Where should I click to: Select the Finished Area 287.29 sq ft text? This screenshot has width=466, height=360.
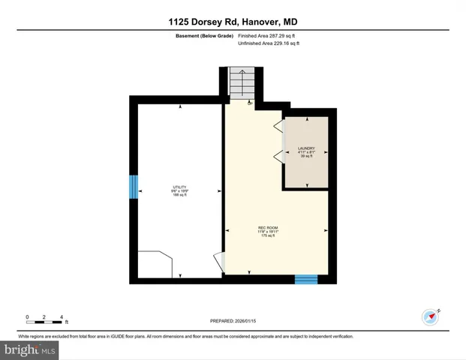pos(268,36)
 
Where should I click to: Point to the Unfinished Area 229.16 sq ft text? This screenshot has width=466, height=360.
pos(268,43)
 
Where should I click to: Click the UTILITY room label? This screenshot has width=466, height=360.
pos(179,187)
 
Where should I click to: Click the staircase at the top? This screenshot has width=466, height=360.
pos(242,82)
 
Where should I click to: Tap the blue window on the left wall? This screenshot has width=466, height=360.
pos(134,187)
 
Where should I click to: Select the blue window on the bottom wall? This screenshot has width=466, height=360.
pos(306,279)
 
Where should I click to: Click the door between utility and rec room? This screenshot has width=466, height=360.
pos(219,262)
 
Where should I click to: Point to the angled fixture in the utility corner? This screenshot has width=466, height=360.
pos(156,264)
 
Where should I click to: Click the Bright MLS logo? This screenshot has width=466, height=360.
pos(30,349)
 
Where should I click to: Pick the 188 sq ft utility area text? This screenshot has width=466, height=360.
pos(179,196)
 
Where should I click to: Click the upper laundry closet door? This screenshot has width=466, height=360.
pos(278,125)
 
